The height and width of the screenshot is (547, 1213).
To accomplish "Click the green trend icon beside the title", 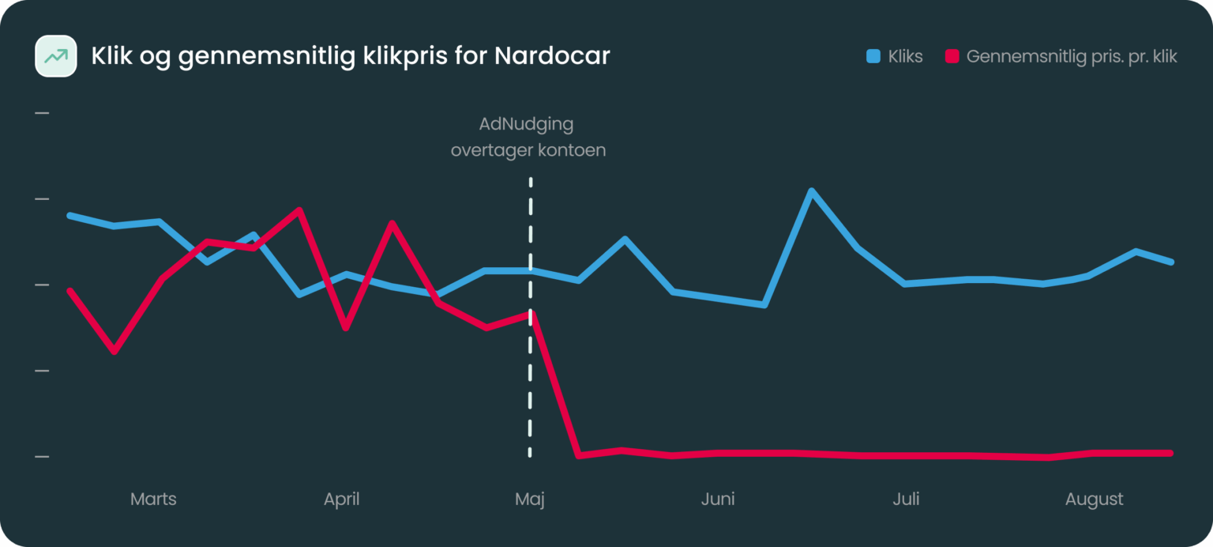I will coord(55,56).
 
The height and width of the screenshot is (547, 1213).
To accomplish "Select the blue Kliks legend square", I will coord(873,56).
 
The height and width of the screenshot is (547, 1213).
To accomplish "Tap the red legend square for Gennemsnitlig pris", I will coord(952,56).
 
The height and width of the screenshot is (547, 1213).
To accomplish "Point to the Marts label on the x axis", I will coord(153,499).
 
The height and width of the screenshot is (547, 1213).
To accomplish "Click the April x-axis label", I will coord(341,499).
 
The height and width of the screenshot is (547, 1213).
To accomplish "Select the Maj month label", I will coord(530,499).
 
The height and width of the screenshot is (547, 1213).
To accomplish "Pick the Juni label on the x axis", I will coord(718,499).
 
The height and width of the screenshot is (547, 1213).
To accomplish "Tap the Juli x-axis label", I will coord(906,499).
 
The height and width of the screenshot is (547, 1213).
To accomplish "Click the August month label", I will coord(1094,499).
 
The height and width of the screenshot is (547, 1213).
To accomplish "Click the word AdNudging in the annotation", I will coord(526,124).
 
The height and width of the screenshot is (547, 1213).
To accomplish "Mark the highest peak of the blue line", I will coord(810,191).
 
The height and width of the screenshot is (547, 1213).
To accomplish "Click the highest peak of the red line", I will coord(299,209).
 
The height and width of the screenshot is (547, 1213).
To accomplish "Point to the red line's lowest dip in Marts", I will coord(115,351).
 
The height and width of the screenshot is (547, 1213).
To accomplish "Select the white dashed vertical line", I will coord(530,379).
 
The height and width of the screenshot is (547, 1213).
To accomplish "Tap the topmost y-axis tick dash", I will coord(42,113).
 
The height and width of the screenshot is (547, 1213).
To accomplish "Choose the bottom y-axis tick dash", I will coord(42,457).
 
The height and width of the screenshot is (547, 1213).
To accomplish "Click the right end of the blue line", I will coord(1171,262).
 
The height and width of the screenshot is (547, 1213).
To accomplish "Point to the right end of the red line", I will coord(1171,453).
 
